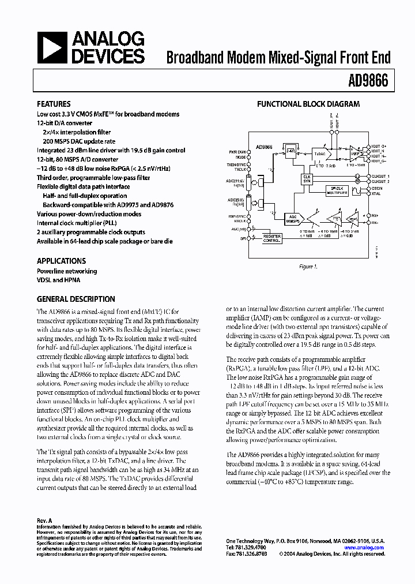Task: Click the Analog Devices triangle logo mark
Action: pos(51,47)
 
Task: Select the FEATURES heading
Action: pos(54,104)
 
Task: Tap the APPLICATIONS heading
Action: pos(61,261)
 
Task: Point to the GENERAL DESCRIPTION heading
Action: pos(76,299)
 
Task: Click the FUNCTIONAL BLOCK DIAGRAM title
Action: pos(308,104)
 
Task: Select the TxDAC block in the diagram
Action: pos(320,155)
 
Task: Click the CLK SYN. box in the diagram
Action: pos(308,179)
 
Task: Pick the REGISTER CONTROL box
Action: pos(272,238)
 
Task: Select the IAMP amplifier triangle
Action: pos(356,155)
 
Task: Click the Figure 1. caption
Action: pos(308,267)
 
